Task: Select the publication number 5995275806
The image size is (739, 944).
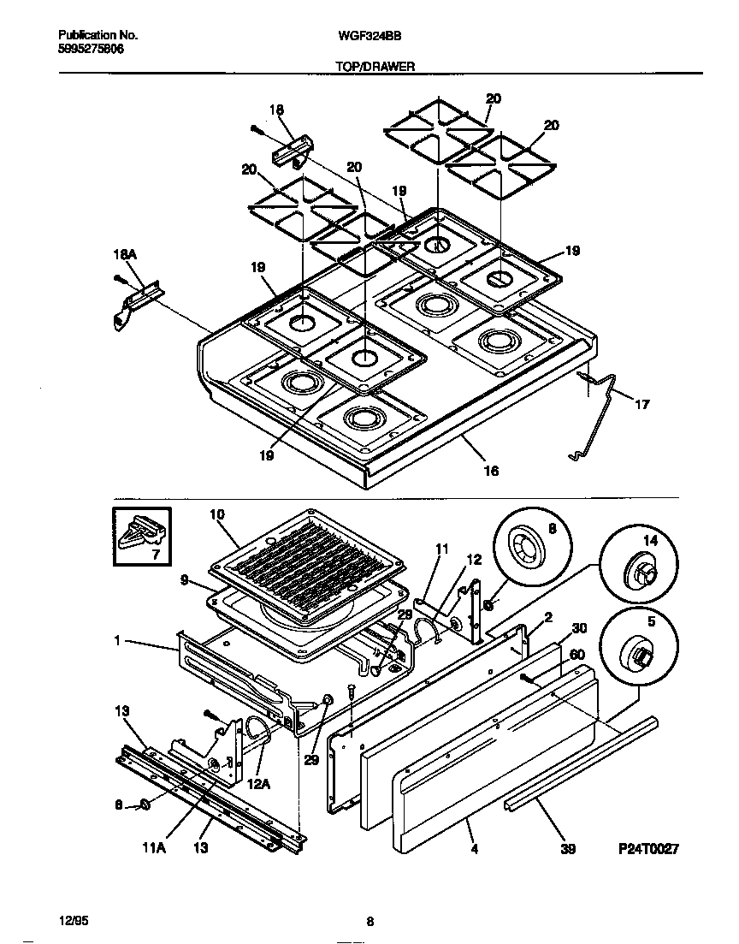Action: (90, 50)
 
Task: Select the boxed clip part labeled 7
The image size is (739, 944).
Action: (142, 537)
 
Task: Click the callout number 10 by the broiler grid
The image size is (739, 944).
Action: (216, 514)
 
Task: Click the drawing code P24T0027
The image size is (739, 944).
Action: (648, 849)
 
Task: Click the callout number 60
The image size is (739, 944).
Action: (578, 655)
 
